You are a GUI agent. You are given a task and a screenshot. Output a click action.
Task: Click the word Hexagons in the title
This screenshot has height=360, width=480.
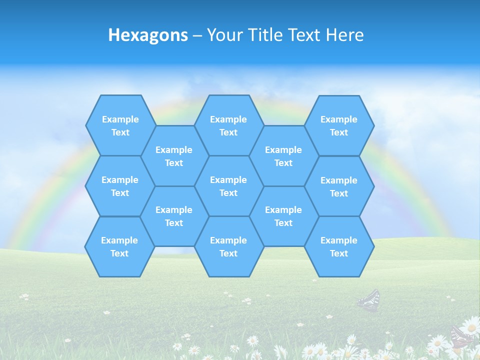[x=148, y=35]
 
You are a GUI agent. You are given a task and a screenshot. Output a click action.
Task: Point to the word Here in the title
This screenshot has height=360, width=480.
[x=344, y=35]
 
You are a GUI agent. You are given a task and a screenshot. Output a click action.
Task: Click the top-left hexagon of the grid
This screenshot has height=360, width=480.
[x=120, y=125]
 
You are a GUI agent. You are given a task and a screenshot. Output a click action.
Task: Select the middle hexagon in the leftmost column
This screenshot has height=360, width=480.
[x=120, y=186]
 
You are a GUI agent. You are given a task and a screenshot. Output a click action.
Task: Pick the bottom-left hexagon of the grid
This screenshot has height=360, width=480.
[x=119, y=246]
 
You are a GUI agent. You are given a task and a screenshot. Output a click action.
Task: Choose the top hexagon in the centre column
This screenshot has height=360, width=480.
[x=228, y=125]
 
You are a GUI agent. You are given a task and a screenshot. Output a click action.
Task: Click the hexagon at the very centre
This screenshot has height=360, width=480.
[x=228, y=186]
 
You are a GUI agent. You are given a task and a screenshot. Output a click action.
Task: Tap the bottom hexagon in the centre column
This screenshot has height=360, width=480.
[x=228, y=246]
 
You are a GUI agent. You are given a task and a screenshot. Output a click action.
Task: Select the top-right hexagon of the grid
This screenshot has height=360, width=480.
[x=339, y=125]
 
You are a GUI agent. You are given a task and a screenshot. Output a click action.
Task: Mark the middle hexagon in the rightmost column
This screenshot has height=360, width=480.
[x=339, y=186]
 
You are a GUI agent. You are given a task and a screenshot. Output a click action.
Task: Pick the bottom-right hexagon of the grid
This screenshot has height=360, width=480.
[x=339, y=246]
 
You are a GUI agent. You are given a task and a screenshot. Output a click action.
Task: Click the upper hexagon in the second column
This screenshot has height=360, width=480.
[x=174, y=156]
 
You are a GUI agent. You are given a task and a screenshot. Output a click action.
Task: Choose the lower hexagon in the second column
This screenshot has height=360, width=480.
[x=174, y=216]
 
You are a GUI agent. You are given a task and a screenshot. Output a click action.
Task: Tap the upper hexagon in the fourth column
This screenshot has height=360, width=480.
[x=283, y=156]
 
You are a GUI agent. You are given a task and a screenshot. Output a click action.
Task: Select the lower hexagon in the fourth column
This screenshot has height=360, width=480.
[x=283, y=216]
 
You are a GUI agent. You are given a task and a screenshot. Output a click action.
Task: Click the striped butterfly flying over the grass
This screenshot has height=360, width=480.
[x=369, y=300]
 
